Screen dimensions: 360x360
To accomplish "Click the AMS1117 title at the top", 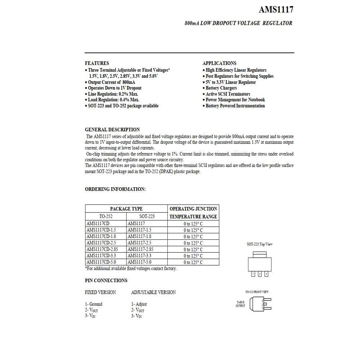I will pyautogui.click(x=276, y=10).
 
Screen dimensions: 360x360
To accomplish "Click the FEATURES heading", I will pyautogui.click(x=97, y=63).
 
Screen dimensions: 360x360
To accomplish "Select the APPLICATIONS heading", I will pyautogui.click(x=219, y=63).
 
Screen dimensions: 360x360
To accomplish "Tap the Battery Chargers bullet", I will pyautogui.click(x=221, y=88).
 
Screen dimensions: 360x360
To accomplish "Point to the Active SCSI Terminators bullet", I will pyautogui.click(x=228, y=94).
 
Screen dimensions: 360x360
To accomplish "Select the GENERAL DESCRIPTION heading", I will pyautogui.click(x=112, y=130).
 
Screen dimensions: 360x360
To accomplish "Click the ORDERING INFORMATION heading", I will pyautogui.click(x=115, y=189).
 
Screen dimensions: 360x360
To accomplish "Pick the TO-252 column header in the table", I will pyautogui.click(x=106, y=216).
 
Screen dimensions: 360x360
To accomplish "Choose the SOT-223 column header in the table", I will pyautogui.click(x=147, y=216).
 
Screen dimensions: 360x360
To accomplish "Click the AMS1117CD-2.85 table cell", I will pyautogui.click(x=102, y=249).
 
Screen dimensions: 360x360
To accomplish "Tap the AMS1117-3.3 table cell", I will pyautogui.click(x=140, y=256).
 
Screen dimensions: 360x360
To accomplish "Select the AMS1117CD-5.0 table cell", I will pyautogui.click(x=101, y=262).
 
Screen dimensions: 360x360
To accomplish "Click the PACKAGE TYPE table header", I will pyautogui.click(x=126, y=209).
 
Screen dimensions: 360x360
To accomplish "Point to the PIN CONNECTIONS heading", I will pyautogui.click(x=106, y=280).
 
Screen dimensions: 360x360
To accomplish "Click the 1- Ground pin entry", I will pyautogui.click(x=94, y=304).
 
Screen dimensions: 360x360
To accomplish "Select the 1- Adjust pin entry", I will pyautogui.click(x=139, y=304).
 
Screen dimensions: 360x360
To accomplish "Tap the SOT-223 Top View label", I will pyautogui.click(x=260, y=244).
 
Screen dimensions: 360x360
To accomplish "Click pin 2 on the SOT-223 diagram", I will pyautogui.click(x=260, y=274).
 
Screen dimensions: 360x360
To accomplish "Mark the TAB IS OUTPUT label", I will pyautogui.click(x=240, y=304).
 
